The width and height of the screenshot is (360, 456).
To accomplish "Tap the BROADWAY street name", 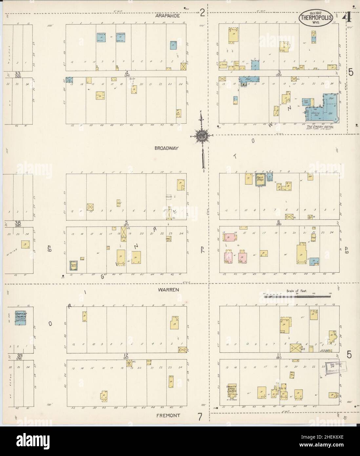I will click(x=166, y=148).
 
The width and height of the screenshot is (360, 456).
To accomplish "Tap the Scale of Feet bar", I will click(x=297, y=296).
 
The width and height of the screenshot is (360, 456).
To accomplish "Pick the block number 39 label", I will click(x=17, y=356).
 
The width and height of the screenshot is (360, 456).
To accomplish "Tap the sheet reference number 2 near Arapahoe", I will click(x=202, y=13).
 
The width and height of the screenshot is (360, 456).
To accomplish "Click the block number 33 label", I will click(x=17, y=73).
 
